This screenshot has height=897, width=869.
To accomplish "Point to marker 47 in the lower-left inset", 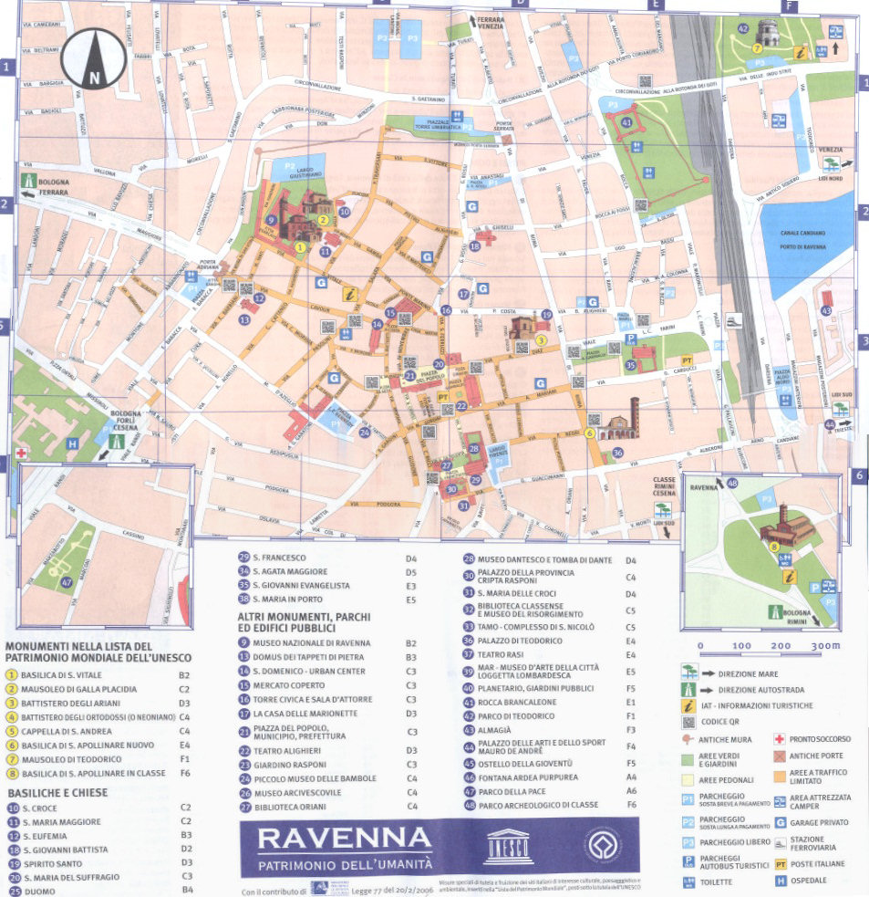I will pos(66,582).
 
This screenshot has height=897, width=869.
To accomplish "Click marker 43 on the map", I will pos(825,311).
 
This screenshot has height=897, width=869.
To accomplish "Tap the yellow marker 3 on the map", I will pos(541,339).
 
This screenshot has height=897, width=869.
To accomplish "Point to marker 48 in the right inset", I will pos(732,483).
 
